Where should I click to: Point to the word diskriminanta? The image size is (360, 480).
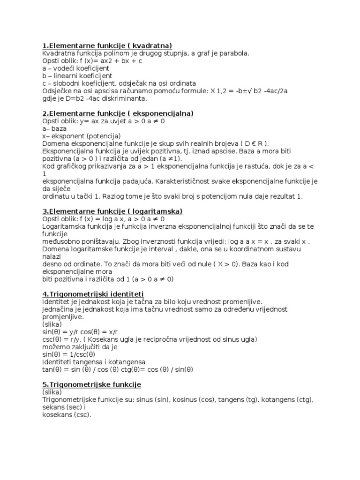point(126,98)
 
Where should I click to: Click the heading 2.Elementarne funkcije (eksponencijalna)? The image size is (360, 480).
point(118,113)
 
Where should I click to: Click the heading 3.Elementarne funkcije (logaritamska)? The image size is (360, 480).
point(112,211)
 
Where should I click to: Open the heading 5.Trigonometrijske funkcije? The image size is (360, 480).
point(92,384)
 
